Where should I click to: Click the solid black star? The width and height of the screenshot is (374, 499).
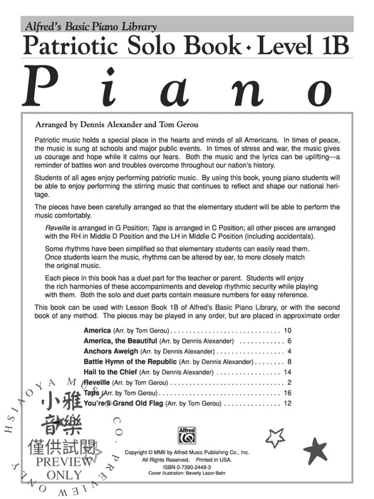[x=315, y=450]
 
